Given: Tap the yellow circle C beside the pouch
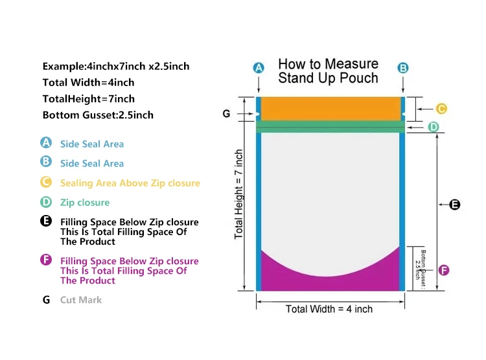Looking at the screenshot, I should (441, 109).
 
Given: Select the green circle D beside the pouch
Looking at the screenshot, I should (434, 127).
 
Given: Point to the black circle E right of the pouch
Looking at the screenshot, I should (454, 205).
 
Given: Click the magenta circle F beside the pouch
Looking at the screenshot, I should (443, 270).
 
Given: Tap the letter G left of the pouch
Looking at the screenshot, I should (226, 113).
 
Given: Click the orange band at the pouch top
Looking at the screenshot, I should (330, 108).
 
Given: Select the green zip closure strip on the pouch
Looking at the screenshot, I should (330, 127).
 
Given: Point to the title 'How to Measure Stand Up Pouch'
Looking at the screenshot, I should (328, 71).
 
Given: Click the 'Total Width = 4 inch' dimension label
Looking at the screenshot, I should (329, 309).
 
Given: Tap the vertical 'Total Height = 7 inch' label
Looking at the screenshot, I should (239, 194).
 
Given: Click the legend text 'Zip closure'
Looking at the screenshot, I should (85, 203).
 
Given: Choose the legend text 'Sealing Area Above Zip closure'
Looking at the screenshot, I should (130, 183).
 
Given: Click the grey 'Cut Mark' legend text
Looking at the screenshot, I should (81, 300).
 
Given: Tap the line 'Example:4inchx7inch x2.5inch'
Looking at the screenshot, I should (116, 66).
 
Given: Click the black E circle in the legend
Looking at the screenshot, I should (46, 221).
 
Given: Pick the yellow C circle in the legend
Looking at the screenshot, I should (46, 182).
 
